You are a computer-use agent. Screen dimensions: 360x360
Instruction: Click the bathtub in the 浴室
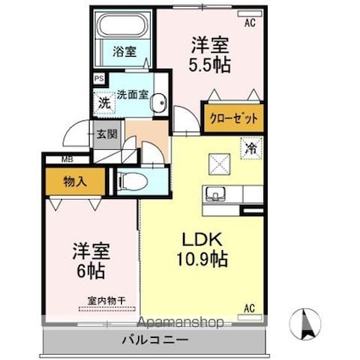coord(125,25)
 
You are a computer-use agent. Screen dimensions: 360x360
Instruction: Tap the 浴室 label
coord(125,52)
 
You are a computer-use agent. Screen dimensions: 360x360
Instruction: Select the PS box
coord(99,79)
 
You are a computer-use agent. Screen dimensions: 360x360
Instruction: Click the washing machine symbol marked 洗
coord(104,103)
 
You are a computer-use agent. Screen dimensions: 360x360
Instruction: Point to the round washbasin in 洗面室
coord(158,103)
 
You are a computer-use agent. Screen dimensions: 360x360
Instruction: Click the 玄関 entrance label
coord(107,134)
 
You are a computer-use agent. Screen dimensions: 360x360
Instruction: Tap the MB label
coord(68,159)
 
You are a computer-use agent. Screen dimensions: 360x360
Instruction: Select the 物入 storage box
coord(75,181)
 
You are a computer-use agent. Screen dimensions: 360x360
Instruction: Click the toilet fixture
coord(133,180)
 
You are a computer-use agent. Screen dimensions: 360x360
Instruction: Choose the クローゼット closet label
coord(234,119)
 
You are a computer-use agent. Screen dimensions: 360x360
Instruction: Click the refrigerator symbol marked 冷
coord(252,148)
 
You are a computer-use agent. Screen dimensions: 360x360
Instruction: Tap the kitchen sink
coord(215,194)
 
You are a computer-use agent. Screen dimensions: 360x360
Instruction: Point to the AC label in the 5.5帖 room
coord(250,23)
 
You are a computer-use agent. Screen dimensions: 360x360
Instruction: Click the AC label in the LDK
coord(250,308)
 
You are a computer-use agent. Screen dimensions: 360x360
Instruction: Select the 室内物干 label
coord(107,301)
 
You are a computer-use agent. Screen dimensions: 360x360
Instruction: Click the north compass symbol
coord(306,324)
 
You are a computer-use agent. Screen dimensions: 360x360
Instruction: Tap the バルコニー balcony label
coord(155,340)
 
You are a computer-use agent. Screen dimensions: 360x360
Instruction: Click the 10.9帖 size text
coord(202,258)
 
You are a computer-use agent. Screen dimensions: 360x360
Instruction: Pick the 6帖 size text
coord(91,271)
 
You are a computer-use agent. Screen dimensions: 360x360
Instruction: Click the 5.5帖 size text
coord(210,64)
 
